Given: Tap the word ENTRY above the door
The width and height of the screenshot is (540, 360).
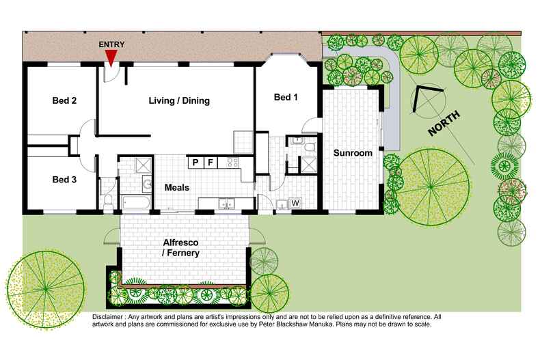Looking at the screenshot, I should pyautogui.click(x=112, y=44).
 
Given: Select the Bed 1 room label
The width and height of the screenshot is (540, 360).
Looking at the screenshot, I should pyautogui.click(x=286, y=98).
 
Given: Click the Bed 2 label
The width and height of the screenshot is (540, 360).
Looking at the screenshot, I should pyautogui.click(x=64, y=101).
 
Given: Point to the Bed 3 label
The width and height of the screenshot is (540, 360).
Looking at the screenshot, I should pyautogui.click(x=64, y=180).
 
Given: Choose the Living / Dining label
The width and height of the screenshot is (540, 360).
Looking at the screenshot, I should pyautogui.click(x=179, y=101).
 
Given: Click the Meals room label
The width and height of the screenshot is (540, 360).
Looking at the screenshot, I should pyautogui.click(x=176, y=187).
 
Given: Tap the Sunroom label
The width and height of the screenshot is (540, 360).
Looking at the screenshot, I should pyautogui.click(x=353, y=153).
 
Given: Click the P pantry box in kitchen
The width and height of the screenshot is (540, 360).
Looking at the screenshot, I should pyautogui.click(x=195, y=163).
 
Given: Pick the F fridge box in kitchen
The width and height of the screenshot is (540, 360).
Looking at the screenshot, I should pyautogui.click(x=211, y=163).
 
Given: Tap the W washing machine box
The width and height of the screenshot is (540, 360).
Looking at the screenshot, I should pyautogui.click(x=295, y=203).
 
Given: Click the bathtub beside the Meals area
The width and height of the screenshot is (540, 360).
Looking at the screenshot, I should pyautogui.click(x=137, y=203).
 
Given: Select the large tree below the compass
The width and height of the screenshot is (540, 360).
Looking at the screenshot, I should pyautogui.click(x=431, y=184).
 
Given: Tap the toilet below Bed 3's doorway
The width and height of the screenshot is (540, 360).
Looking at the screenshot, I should pyautogui.click(x=109, y=200).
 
